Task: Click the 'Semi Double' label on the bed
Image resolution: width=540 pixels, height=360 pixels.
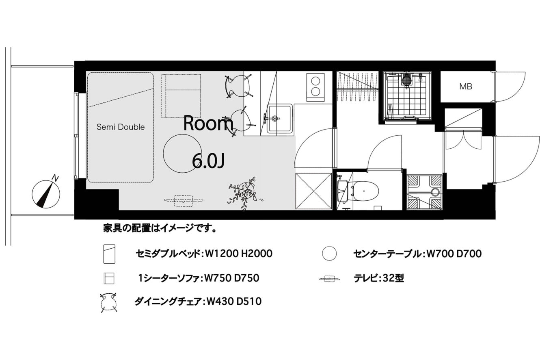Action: pyautogui.click(x=121, y=127)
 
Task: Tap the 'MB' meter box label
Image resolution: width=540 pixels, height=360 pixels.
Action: pyautogui.click(x=466, y=87)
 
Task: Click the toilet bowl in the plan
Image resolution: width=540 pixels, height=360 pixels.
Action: pyautogui.click(x=364, y=191)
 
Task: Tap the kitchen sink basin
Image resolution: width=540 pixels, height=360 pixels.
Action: pyautogui.click(x=280, y=118)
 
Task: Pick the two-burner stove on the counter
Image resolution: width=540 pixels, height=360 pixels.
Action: pyautogui.click(x=315, y=87)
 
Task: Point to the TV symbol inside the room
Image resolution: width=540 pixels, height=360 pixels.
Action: pyautogui.click(x=184, y=201)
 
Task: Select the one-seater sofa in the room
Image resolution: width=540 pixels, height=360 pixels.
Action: pyautogui.click(x=181, y=96)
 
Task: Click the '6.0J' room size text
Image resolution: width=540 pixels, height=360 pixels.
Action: pyautogui.click(x=208, y=161)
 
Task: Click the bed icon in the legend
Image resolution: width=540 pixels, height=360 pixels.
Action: pyautogui.click(x=109, y=254)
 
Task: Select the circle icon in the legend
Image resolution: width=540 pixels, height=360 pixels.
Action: pyautogui.click(x=329, y=254)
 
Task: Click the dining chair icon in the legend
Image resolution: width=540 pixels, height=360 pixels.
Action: pyautogui.click(x=108, y=302)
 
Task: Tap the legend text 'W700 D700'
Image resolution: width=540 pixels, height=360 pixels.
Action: pyautogui.click(x=454, y=254)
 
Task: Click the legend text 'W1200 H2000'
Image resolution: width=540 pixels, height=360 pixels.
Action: pyautogui.click(x=238, y=254)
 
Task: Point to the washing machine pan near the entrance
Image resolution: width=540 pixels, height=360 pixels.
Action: pyautogui.click(x=425, y=192)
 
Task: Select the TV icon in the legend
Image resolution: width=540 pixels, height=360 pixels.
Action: pyautogui.click(x=330, y=279)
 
